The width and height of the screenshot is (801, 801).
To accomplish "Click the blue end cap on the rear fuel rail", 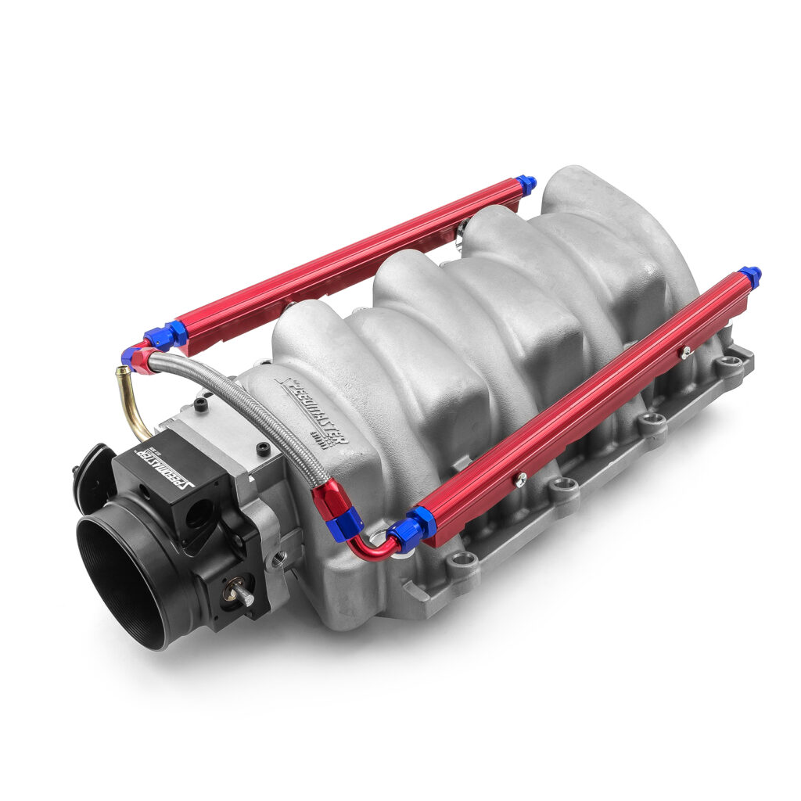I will (526, 185).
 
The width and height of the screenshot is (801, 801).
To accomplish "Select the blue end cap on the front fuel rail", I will (751, 275).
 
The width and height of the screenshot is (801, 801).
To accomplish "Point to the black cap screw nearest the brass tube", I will (202, 405).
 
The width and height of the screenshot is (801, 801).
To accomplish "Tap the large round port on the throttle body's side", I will (199, 513).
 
